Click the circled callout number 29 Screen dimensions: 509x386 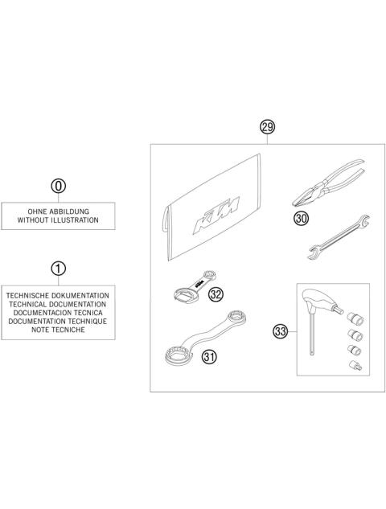coord(267,126)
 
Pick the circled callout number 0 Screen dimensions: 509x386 coord(58,186)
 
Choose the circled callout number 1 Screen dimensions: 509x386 coord(59,268)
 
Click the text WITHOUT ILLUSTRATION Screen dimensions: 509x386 coord(58,219)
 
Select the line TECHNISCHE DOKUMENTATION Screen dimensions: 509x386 coord(59,295)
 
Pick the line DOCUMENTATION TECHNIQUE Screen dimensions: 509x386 coord(59,322)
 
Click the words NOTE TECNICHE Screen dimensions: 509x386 coord(59,330)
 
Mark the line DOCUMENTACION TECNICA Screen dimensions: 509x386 coord(59,313)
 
